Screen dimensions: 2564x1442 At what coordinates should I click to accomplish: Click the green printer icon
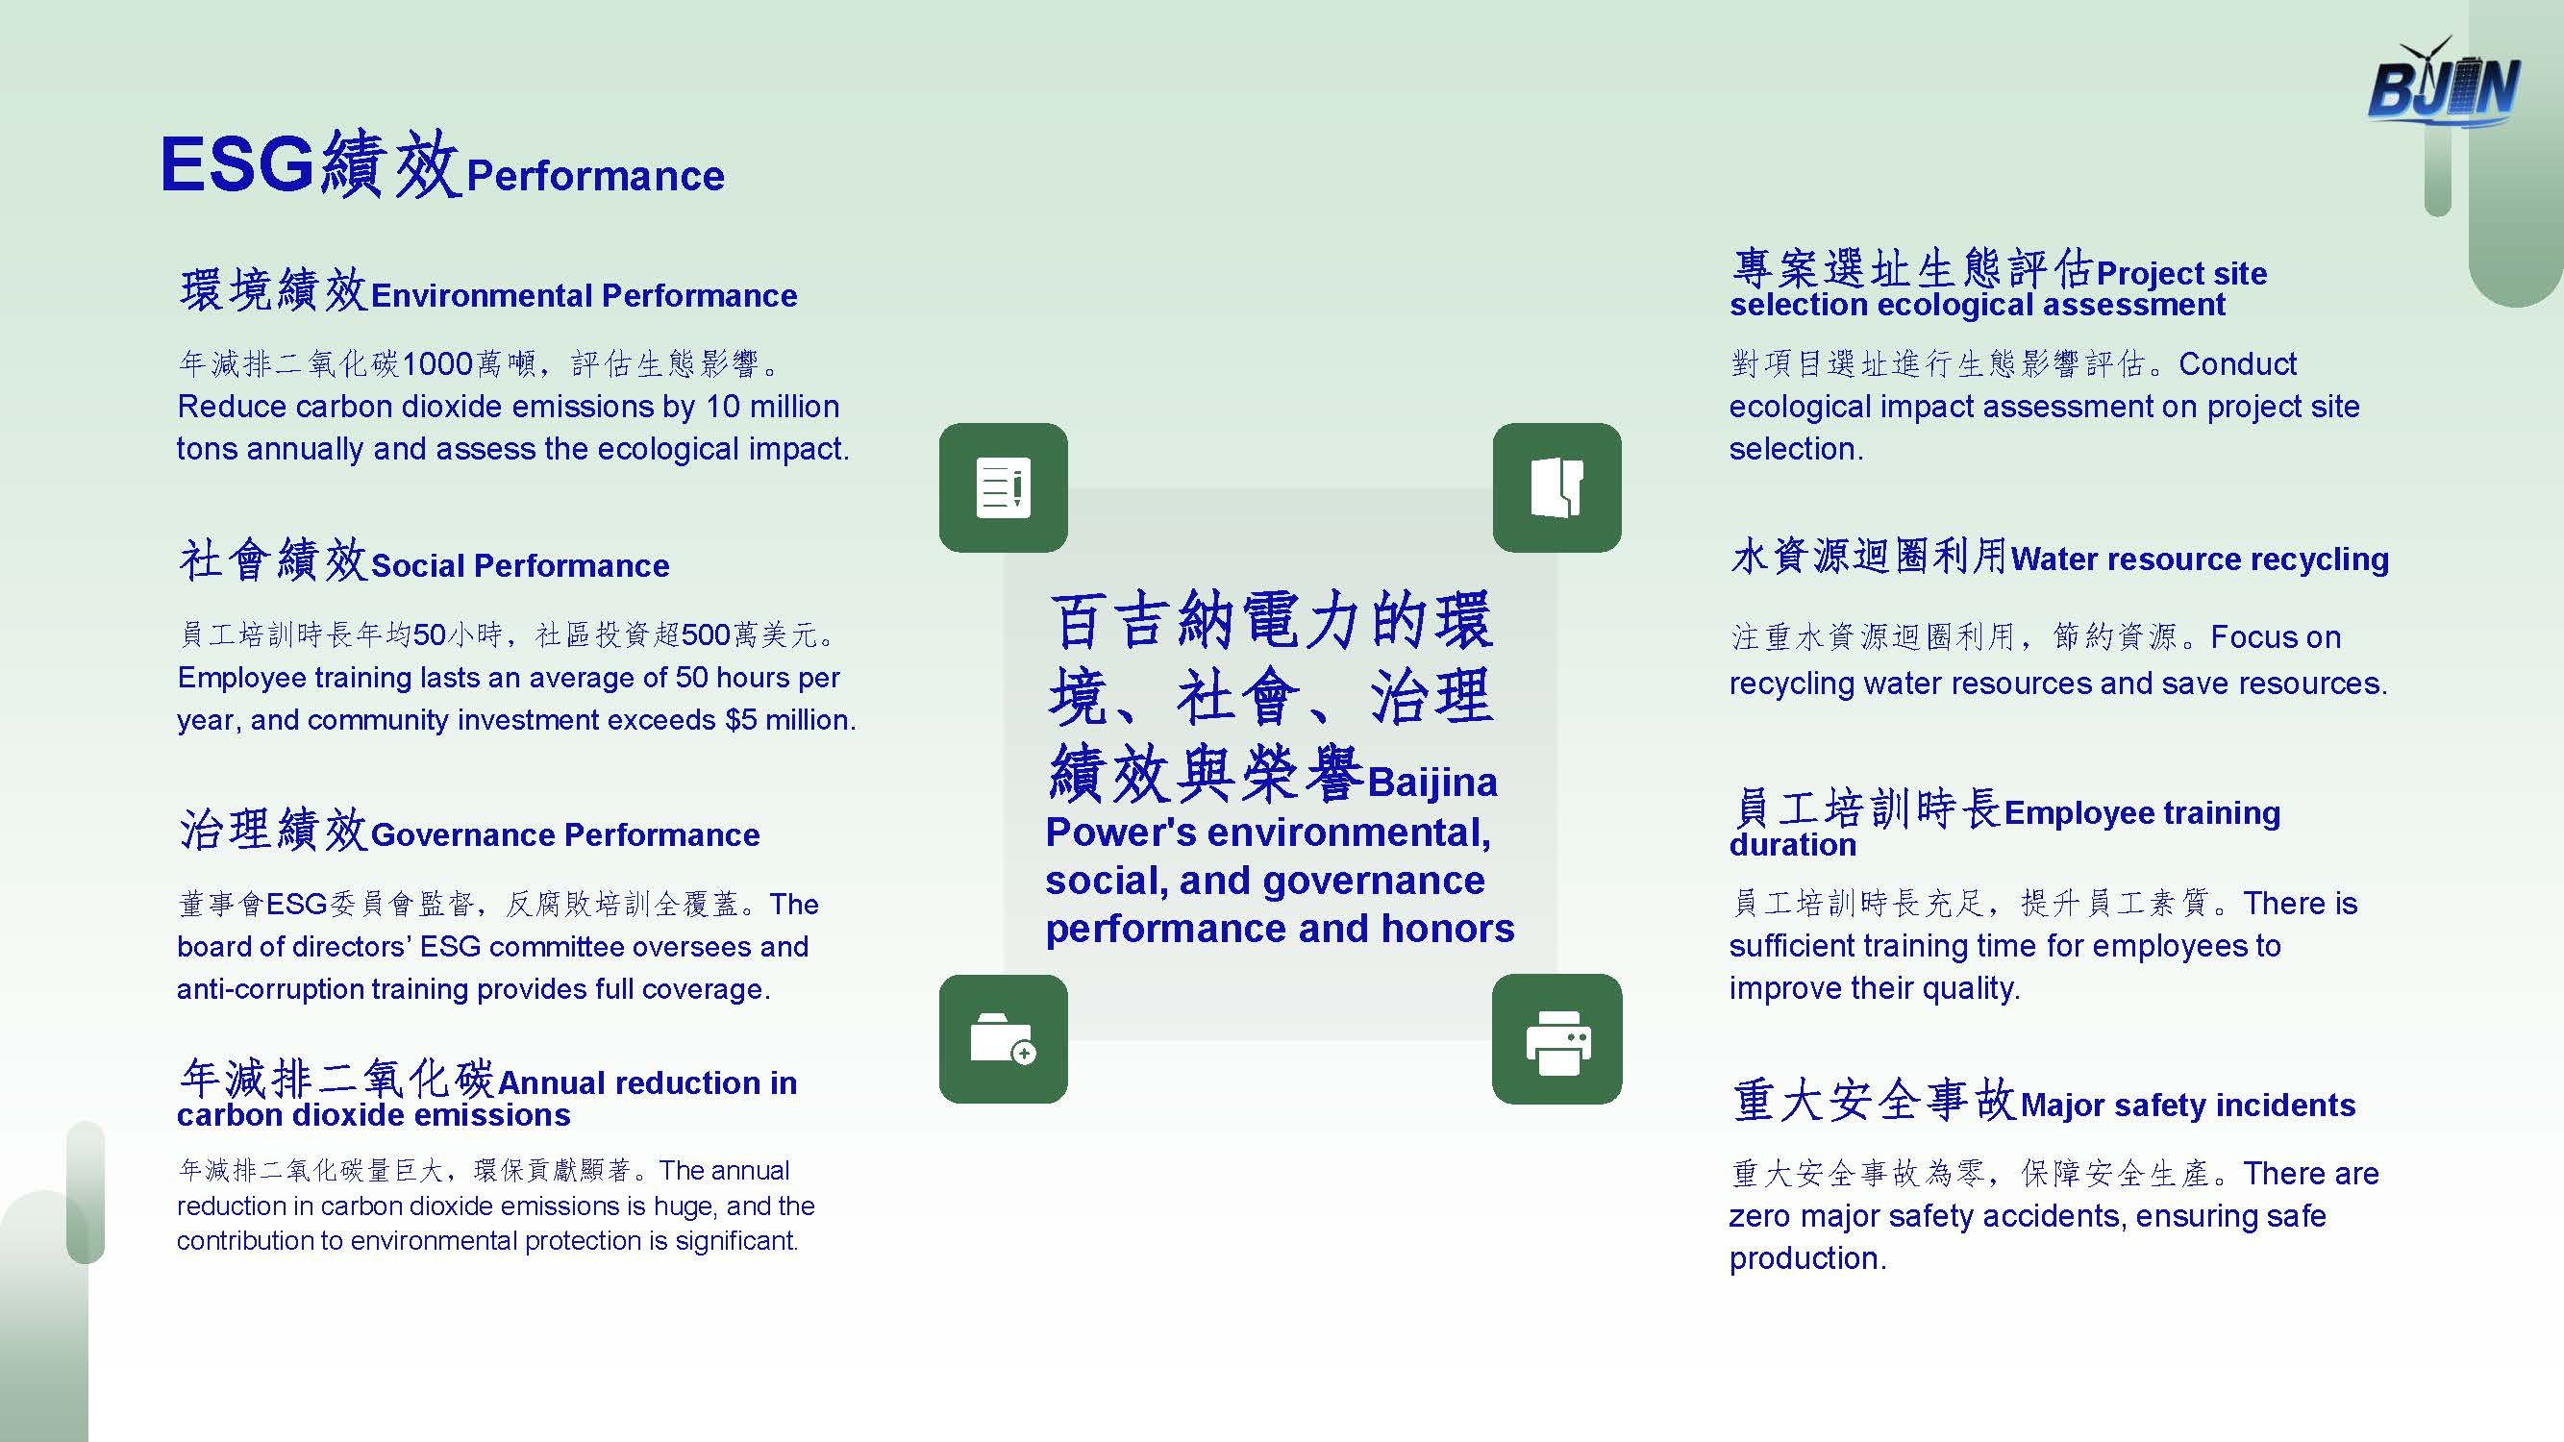pyautogui.click(x=1556, y=1039)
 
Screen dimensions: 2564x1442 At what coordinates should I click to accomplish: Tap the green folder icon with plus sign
pyautogui.click(x=1004, y=1039)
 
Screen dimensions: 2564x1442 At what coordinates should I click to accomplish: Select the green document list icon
pyautogui.click(x=1004, y=487)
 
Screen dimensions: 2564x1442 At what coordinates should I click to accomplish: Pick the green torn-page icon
pyautogui.click(x=1556, y=487)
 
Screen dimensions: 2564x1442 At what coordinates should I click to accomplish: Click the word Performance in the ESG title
pyautogui.click(x=595, y=176)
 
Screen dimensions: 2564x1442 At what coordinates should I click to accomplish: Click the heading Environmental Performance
pyautogui.click(x=584, y=295)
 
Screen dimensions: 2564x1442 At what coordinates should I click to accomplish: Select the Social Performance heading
pyautogui.click(x=519, y=565)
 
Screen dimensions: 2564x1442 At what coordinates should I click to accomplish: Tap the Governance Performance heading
pyautogui.click(x=564, y=835)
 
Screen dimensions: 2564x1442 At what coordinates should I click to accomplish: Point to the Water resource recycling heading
pyautogui.click(x=2200, y=559)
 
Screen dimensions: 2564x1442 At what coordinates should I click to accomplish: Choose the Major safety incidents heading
pyautogui.click(x=2188, y=1106)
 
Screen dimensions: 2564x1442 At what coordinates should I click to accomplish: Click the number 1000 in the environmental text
pyautogui.click(x=437, y=364)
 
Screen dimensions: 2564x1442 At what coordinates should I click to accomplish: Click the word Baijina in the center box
pyautogui.click(x=1432, y=783)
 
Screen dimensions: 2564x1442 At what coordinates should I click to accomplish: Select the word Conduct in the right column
pyautogui.click(x=2237, y=364)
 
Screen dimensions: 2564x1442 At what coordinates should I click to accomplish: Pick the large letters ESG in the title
pyautogui.click(x=236, y=164)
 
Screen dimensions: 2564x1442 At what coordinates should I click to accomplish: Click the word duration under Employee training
pyautogui.click(x=1793, y=845)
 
